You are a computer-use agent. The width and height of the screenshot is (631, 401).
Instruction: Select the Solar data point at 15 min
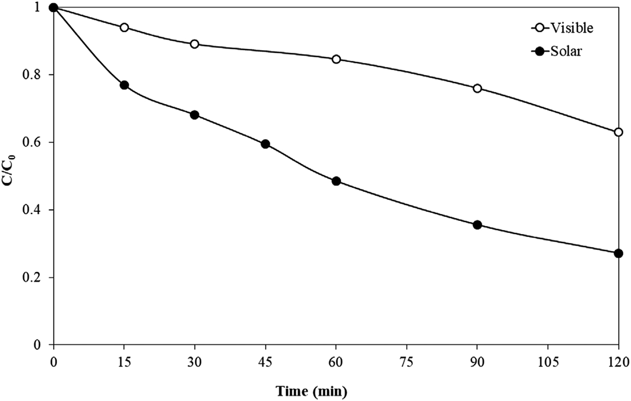pyautogui.click(x=124, y=85)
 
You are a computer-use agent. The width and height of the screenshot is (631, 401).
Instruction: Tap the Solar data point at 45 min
pyautogui.click(x=266, y=144)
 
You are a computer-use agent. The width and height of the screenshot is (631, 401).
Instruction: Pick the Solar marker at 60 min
pyautogui.click(x=336, y=181)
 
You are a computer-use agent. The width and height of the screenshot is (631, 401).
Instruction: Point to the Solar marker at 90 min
pyautogui.click(x=478, y=225)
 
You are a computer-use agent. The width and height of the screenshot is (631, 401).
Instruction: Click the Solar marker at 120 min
pyautogui.click(x=618, y=253)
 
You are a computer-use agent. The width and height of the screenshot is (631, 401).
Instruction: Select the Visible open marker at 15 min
pyautogui.click(x=124, y=28)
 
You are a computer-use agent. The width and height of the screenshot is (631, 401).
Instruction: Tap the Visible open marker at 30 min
pyautogui.click(x=194, y=44)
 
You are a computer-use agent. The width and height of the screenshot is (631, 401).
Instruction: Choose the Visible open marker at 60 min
pyautogui.click(x=336, y=59)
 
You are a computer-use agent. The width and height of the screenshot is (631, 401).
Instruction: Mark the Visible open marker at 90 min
pyautogui.click(x=478, y=88)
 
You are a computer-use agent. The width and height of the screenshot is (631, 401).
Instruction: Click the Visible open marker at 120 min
pyautogui.click(x=618, y=132)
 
